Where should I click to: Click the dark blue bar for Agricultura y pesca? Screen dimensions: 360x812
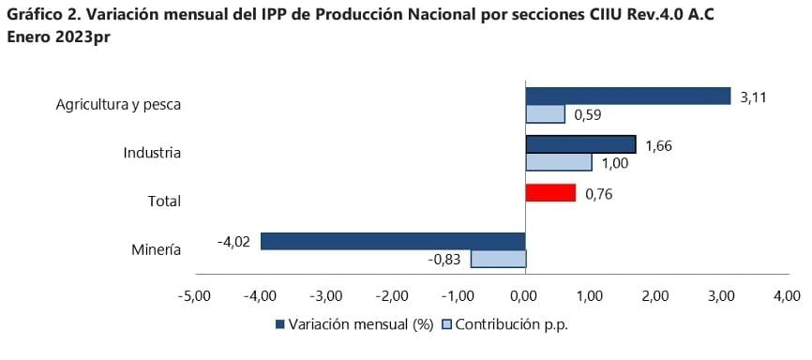(x=627, y=96)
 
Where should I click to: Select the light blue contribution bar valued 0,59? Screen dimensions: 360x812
(x=545, y=114)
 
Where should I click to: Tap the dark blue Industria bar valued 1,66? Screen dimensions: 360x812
(x=580, y=144)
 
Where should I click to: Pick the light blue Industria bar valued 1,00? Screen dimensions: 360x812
(x=559, y=162)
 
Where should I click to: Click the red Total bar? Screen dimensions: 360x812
(x=550, y=192)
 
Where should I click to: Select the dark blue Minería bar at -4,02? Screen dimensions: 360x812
(x=393, y=241)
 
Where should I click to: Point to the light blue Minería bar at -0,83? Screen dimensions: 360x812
(x=498, y=259)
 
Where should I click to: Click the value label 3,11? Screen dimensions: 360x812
(x=753, y=96)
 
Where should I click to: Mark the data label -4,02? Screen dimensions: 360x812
(x=234, y=242)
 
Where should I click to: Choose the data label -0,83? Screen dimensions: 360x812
(x=444, y=260)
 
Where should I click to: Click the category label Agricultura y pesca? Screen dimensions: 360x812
(x=117, y=104)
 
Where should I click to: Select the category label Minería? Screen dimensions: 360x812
(x=156, y=249)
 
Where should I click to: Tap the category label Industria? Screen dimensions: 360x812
(x=152, y=153)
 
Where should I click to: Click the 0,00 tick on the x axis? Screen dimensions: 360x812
(x=525, y=296)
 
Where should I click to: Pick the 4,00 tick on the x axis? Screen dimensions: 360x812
(x=786, y=296)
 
